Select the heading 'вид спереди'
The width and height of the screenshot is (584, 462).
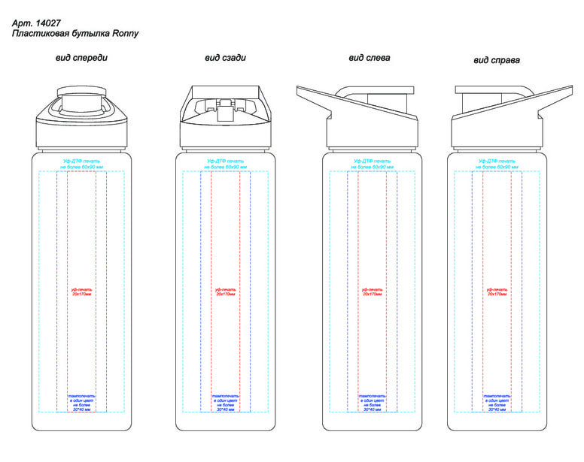coord(81,58)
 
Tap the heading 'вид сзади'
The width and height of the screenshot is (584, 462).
coord(225,58)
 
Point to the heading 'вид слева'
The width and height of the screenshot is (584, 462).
coord(369,58)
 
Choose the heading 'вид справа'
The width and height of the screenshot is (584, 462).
coord(497,59)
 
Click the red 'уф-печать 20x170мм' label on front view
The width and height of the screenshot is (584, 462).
coord(81,291)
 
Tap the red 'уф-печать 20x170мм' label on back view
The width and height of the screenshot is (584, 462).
coord(225,291)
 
